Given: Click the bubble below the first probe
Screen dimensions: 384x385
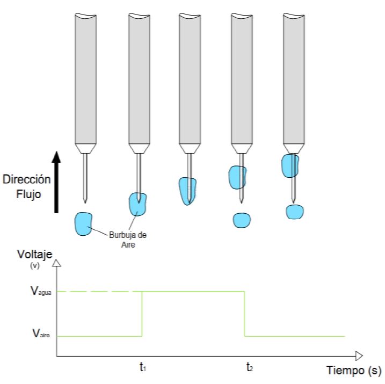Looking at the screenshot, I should tap(83, 222).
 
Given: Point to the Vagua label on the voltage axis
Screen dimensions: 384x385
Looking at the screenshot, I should tap(42, 292).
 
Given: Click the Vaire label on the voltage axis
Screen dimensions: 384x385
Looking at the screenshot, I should tap(41, 336).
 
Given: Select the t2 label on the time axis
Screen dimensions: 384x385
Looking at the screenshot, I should tap(250, 368).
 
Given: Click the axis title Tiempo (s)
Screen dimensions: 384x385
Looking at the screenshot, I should tap(353, 370).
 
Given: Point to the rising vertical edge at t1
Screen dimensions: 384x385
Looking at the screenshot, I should tap(142, 314).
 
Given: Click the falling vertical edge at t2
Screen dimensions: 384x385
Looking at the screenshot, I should tap(245, 314).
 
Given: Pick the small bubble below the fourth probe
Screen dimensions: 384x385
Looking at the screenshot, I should tap(242, 220).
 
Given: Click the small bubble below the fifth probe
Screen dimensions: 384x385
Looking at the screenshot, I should tap(295, 212).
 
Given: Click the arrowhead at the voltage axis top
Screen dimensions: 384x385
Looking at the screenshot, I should tap(57, 263).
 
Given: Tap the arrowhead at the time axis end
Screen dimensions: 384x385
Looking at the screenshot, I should tap(359, 356).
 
